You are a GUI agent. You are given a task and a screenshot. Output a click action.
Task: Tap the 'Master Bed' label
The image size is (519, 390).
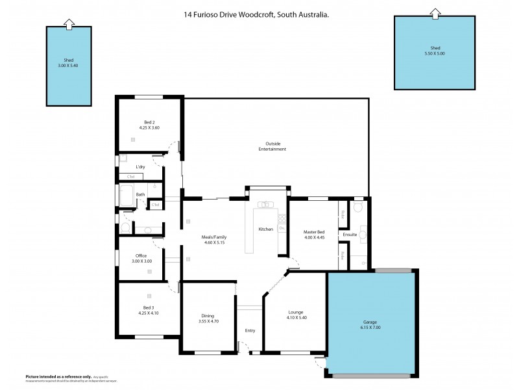[313, 232]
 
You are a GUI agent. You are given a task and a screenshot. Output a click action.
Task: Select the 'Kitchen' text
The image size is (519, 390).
[266, 229]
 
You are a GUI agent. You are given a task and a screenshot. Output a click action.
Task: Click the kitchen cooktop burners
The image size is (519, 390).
[282, 219]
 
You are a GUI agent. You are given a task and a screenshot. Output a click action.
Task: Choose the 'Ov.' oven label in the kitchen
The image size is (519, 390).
[282, 229]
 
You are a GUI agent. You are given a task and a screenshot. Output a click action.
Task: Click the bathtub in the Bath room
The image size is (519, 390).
[126, 196]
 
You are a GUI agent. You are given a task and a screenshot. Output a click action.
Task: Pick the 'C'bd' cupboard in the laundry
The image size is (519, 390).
[130, 176]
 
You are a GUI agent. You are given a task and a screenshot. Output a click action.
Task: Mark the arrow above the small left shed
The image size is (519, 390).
[68, 23]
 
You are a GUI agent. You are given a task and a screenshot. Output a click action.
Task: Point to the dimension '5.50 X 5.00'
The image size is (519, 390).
[435, 53]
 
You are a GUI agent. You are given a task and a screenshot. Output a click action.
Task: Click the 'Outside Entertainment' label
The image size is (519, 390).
[276, 146]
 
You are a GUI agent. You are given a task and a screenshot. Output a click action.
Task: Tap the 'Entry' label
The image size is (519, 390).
[250, 330]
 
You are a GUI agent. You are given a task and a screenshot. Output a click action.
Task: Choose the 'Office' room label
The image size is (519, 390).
[141, 255]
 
